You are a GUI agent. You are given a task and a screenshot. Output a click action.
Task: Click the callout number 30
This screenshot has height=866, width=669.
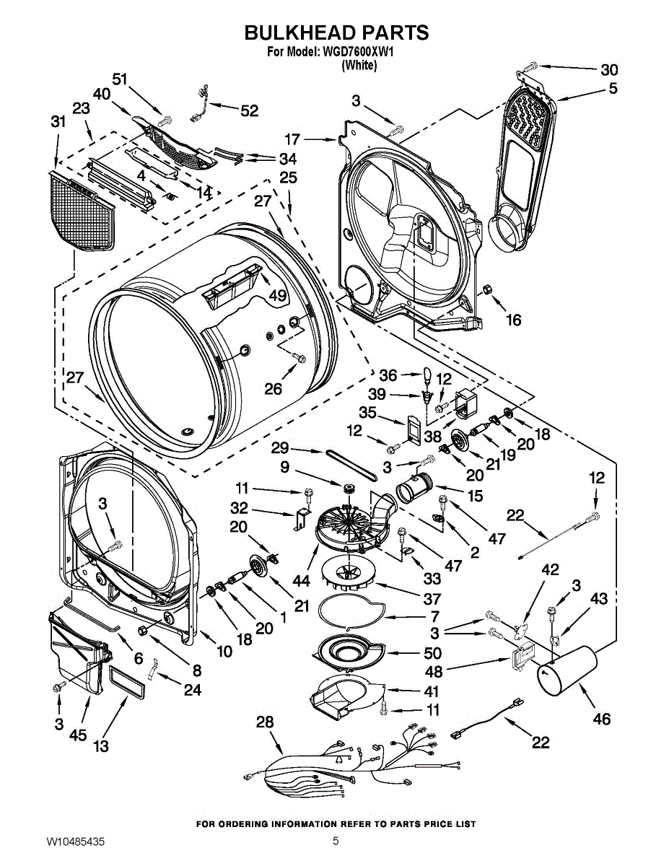tap(609, 70)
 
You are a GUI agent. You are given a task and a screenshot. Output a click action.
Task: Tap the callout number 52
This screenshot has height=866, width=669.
tap(250, 110)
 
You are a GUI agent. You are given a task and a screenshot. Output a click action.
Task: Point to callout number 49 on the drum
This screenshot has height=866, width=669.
tap(278, 295)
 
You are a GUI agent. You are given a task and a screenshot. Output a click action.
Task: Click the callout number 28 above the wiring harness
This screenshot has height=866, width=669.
tap(266, 722)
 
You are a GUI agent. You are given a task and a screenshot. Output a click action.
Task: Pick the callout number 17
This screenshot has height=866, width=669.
tap(292, 139)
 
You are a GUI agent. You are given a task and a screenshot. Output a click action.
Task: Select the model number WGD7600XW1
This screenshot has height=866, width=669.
tap(357, 52)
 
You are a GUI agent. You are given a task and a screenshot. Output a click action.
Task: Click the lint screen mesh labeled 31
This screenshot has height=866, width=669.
tap(81, 215)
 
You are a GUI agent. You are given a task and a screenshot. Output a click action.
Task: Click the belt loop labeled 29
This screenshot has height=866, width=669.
tap(351, 465)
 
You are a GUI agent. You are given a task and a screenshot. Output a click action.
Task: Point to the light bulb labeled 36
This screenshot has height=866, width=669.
tap(427, 375)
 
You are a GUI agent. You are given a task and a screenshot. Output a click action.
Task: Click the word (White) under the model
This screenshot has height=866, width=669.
tap(359, 65)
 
